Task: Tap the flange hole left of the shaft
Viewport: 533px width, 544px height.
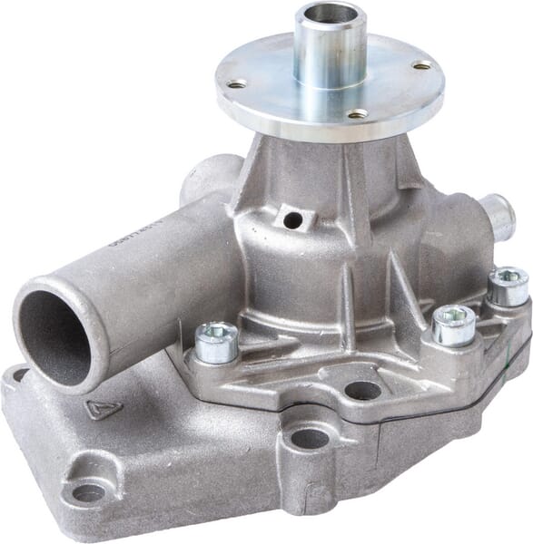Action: coord(236,84)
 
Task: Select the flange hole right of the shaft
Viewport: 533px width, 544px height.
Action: coord(422,65)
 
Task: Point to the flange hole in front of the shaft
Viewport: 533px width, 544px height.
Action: coord(358,114)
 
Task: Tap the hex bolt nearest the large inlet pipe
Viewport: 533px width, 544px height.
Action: coord(216,341)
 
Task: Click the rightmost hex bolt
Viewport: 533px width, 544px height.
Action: coord(508,285)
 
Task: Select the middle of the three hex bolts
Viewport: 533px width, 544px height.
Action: coord(453,323)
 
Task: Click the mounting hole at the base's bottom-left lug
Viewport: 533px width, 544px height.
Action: coord(88,492)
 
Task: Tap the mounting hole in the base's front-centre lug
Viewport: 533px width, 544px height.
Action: coord(310,439)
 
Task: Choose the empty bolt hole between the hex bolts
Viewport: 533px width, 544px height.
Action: coord(362,391)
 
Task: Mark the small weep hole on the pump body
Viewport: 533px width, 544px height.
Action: coord(292,220)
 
